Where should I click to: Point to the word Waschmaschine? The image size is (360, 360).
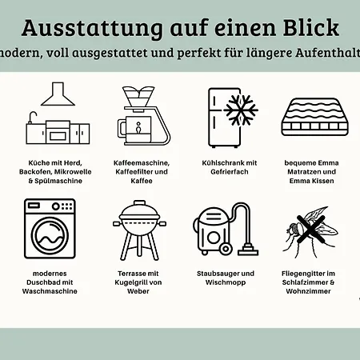(50, 293)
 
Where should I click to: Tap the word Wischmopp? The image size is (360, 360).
(227, 282)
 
